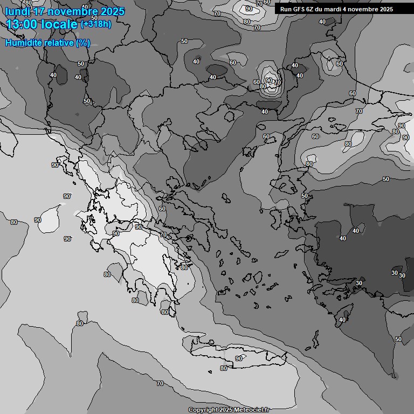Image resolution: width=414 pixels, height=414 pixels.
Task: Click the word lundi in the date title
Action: pyautogui.click(x=17, y=11)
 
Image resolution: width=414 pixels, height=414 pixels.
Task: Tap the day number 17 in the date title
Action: pyautogui.click(x=39, y=11)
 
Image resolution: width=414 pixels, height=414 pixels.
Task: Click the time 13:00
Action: pyautogui.click(x=22, y=24)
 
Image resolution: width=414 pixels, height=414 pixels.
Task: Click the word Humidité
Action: pyautogui.click(x=23, y=43)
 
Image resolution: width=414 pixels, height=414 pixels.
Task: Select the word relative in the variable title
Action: pyautogui.click(x=58, y=43)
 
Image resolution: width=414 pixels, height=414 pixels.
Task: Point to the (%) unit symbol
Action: pyautogui.click(x=83, y=43)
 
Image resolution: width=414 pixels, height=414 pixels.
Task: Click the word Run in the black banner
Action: pyautogui.click(x=286, y=9)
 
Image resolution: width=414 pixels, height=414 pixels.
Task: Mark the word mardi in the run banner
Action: pyautogui.click(x=336, y=9)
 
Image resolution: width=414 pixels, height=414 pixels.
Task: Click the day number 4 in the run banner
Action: pyautogui.click(x=349, y=9)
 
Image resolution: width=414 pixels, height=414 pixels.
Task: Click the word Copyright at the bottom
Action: pyautogui.click(x=204, y=410)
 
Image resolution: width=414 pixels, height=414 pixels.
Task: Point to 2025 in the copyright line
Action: pyautogui.click(x=227, y=410)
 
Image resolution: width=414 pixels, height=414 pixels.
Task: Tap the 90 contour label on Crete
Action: pyautogui.click(x=239, y=358)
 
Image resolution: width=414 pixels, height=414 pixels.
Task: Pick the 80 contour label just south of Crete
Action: pyautogui.click(x=224, y=368)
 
